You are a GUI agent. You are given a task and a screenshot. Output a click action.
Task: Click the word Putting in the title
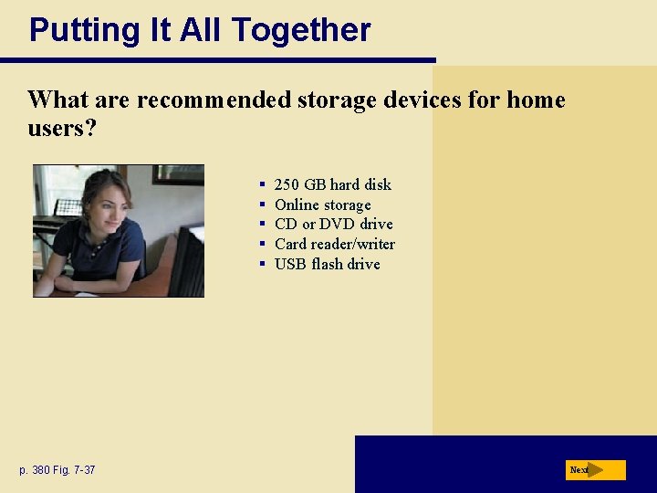(x=75, y=31)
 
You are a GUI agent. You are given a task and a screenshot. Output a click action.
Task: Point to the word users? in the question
(x=62, y=128)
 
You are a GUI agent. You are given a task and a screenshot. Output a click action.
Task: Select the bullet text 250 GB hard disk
(x=332, y=184)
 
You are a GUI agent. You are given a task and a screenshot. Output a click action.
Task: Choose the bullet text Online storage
(x=322, y=205)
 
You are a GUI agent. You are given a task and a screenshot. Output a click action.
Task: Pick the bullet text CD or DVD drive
(x=333, y=224)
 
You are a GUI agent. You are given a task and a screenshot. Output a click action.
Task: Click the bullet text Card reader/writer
(x=334, y=244)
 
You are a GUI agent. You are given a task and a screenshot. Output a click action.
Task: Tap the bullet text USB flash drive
(x=327, y=264)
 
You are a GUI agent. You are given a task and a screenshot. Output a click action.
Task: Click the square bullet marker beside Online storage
(x=262, y=205)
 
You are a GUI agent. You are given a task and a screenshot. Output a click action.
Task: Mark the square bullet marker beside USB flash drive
(x=262, y=264)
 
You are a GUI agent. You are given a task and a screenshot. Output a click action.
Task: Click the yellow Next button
(x=595, y=470)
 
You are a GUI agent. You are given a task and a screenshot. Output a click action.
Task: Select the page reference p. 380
(x=35, y=470)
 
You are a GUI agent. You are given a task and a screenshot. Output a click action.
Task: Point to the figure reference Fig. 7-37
(x=76, y=470)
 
